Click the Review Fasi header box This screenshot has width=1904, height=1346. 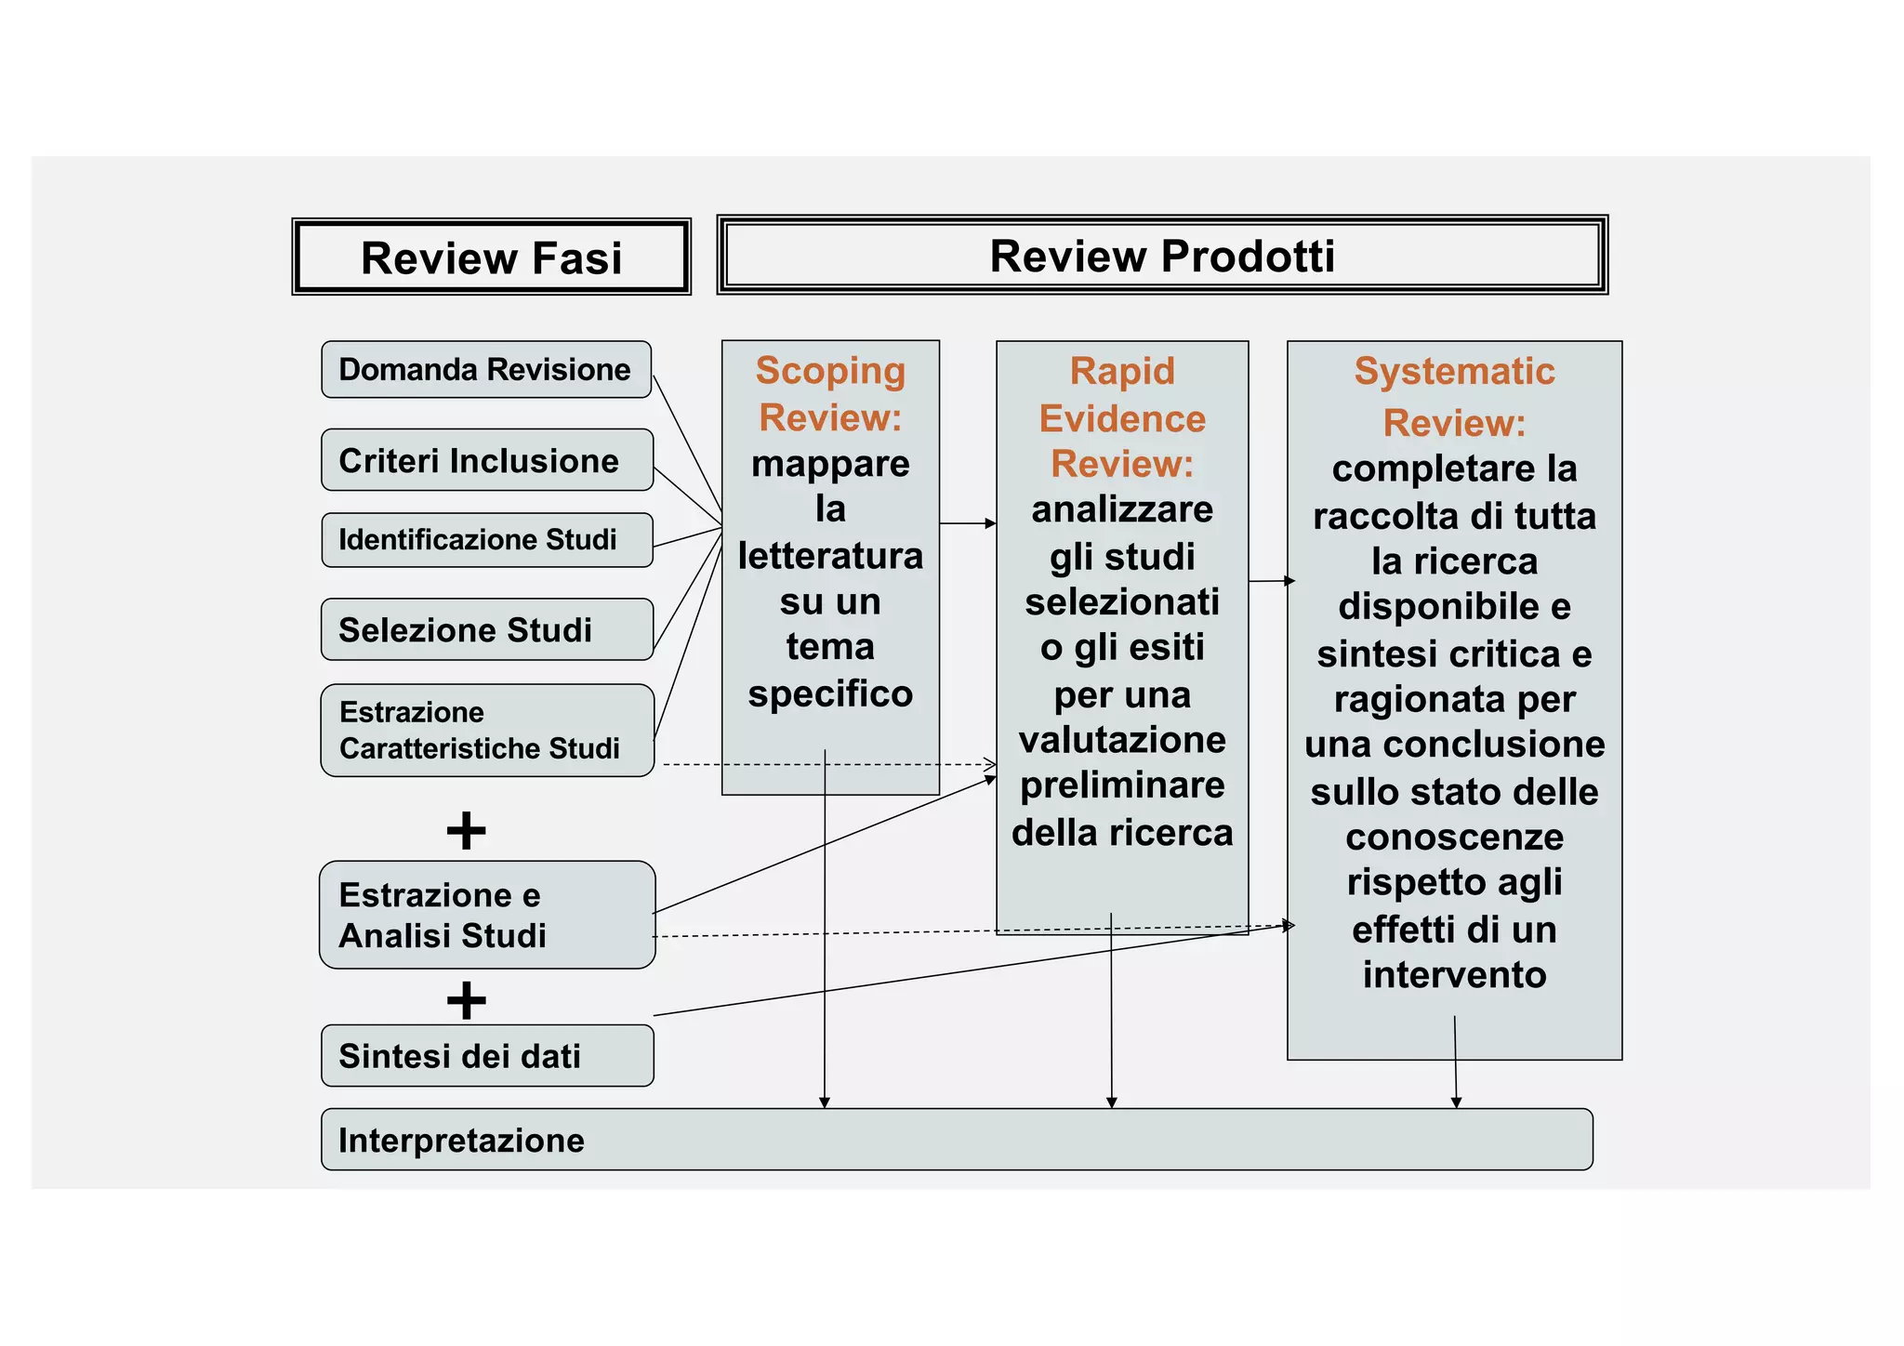pyautogui.click(x=491, y=257)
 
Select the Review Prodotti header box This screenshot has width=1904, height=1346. pyautogui.click(x=1162, y=256)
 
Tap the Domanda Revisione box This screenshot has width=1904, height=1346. pyautogui.click(x=485, y=370)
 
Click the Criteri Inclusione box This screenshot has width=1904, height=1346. pyautogui.click(x=487, y=460)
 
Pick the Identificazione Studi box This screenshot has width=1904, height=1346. pyautogui.click(x=486, y=540)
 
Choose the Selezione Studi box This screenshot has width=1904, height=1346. pyautogui.click(x=486, y=629)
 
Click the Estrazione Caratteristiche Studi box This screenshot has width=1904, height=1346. pyautogui.click(x=486, y=731)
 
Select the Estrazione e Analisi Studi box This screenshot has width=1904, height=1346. pyautogui.click(x=486, y=915)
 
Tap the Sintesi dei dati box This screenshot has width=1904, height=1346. pyautogui.click(x=486, y=1056)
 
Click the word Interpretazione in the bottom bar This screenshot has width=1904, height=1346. pyautogui.click(x=461, y=1141)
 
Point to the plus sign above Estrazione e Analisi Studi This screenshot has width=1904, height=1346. pyautogui.click(x=466, y=830)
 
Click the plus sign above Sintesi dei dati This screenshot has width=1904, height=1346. pyautogui.click(x=466, y=1000)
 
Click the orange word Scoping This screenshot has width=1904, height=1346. pyautogui.click(x=830, y=371)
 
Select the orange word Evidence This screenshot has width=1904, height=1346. pyautogui.click(x=1122, y=418)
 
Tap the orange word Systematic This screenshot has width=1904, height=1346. pyautogui.click(x=1454, y=371)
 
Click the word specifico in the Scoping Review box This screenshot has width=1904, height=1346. pyautogui.click(x=830, y=693)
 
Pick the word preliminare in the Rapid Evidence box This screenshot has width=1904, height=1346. pyautogui.click(x=1122, y=785)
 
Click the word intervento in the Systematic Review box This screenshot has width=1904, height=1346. pyautogui.click(x=1454, y=974)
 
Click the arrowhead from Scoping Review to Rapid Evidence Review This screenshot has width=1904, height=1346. pyautogui.click(x=991, y=523)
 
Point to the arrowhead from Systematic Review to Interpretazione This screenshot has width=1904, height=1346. pyautogui.click(x=1456, y=1102)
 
